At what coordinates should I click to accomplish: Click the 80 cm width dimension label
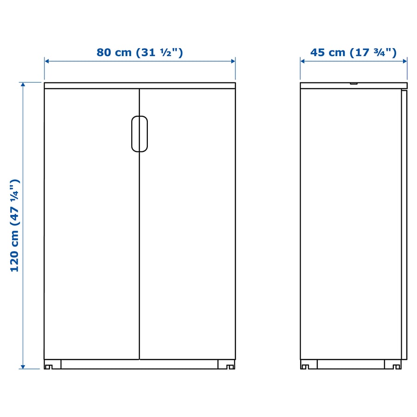coord(139,52)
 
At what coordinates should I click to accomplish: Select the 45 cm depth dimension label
coord(353,52)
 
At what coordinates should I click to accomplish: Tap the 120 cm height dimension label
coord(15,225)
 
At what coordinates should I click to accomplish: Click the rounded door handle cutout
coord(139,133)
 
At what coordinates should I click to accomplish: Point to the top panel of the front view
coord(139,85)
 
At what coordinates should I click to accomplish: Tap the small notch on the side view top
coord(354,83)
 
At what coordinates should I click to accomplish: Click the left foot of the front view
coord(52,365)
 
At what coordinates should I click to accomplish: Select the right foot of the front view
coord(226,365)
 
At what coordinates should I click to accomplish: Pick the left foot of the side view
coord(309,365)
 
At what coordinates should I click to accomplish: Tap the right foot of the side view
coord(392,365)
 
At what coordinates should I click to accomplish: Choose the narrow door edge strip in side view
coord(404,225)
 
